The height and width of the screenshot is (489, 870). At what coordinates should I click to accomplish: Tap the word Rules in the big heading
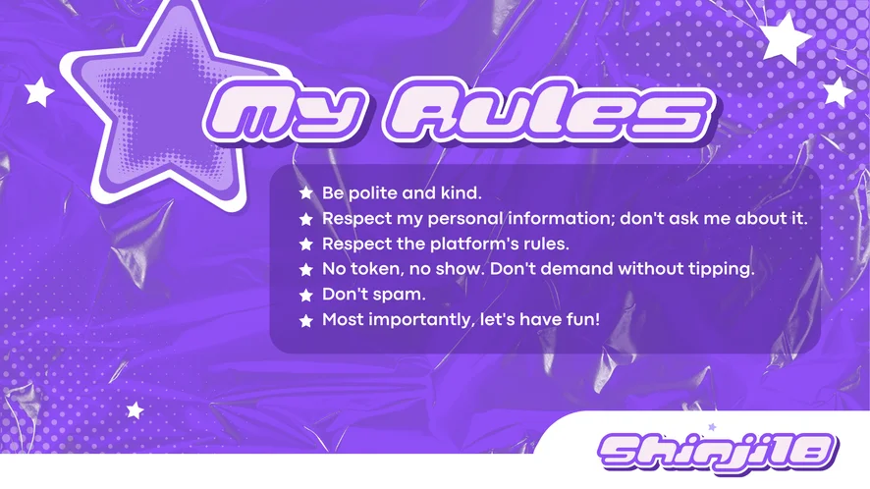[549, 111]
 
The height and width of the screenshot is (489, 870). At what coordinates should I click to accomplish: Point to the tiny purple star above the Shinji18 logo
[712, 427]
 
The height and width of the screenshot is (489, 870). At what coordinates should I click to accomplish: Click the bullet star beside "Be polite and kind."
[305, 193]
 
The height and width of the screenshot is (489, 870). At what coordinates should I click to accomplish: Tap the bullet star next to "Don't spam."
[305, 295]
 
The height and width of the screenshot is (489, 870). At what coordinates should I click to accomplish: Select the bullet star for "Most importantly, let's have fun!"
[305, 320]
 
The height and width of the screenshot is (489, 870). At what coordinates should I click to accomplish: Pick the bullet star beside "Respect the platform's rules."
[305, 244]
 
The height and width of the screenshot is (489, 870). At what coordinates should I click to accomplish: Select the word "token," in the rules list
[377, 269]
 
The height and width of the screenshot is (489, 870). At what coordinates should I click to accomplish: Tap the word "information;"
[561, 219]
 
